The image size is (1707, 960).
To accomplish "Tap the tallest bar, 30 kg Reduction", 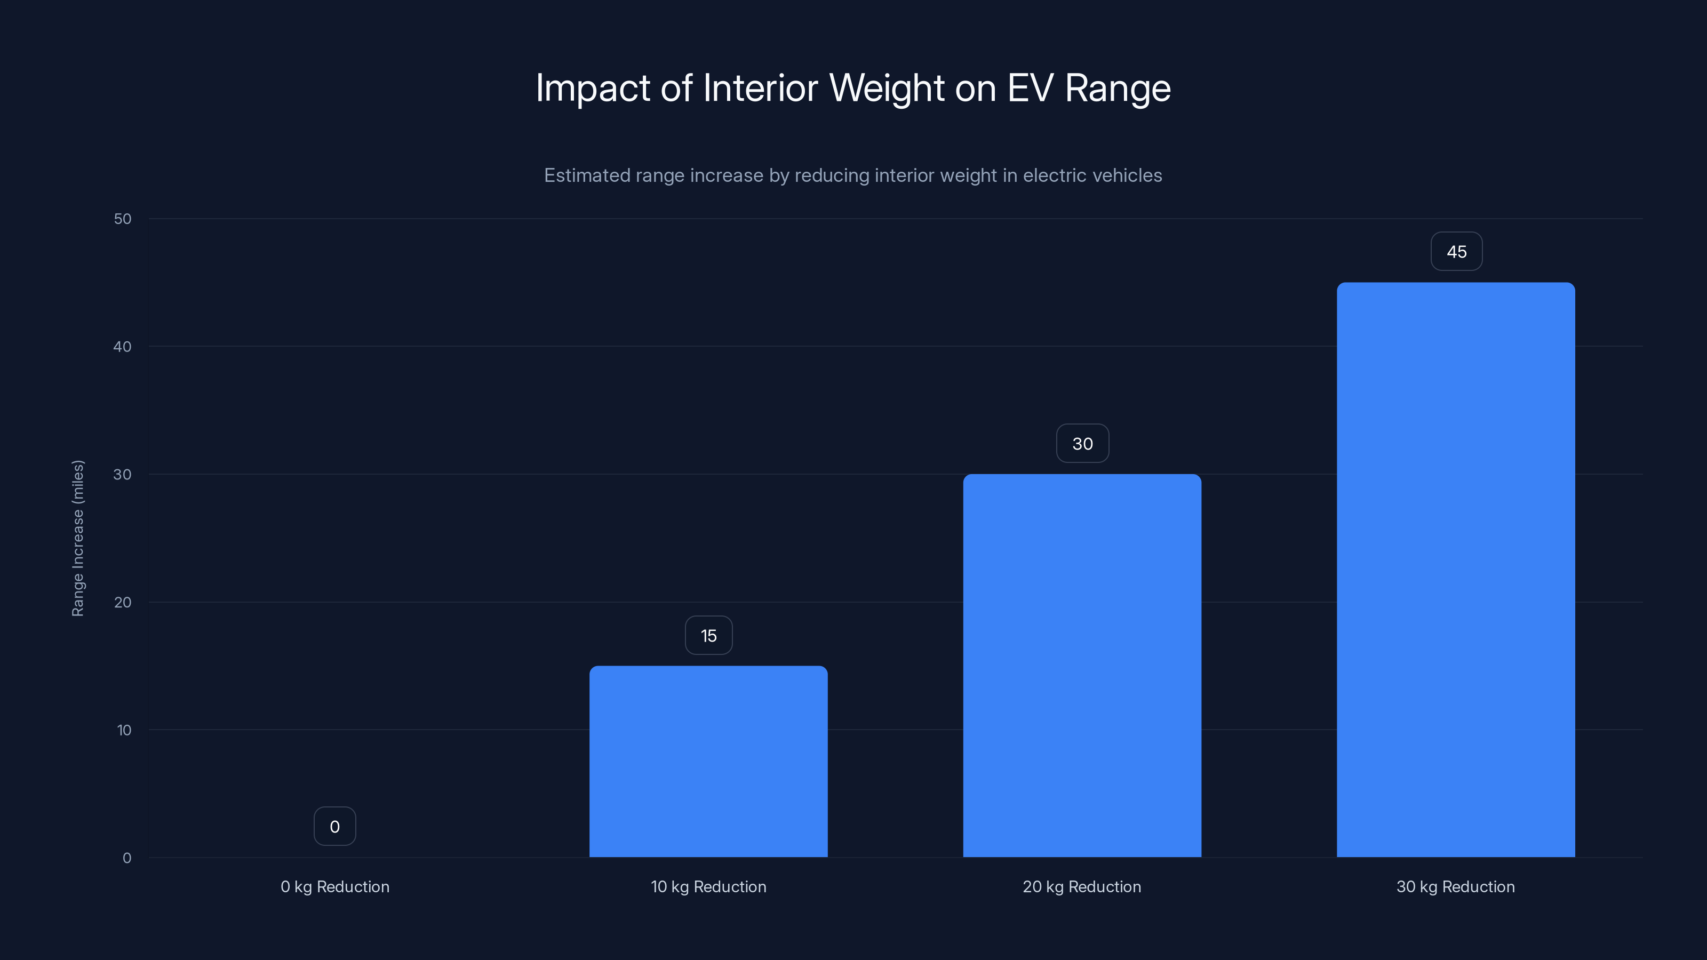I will pyautogui.click(x=1455, y=569).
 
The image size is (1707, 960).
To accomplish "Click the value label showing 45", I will pyautogui.click(x=1456, y=252).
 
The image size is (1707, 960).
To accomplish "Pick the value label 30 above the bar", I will pyautogui.click(x=1082, y=444).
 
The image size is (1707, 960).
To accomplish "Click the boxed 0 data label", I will pyautogui.click(x=334, y=827).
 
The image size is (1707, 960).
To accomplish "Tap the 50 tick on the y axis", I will pyautogui.click(x=123, y=219).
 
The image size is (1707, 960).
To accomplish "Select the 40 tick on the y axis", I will pyautogui.click(x=123, y=347).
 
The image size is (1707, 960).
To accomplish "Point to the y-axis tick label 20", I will pyautogui.click(x=123, y=603).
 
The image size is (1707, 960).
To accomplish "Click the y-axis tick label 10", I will pyautogui.click(x=124, y=731).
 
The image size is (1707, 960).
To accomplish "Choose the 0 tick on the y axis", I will pyautogui.click(x=126, y=859).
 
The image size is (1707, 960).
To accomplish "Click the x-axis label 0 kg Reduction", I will pyautogui.click(x=334, y=887).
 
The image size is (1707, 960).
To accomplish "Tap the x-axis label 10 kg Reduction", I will pyautogui.click(x=708, y=887).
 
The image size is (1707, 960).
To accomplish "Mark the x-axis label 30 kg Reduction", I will pyautogui.click(x=1455, y=887).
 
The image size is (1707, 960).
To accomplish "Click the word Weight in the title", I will pyautogui.click(x=886, y=88).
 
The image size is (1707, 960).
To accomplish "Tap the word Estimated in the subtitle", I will pyautogui.click(x=586, y=175).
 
